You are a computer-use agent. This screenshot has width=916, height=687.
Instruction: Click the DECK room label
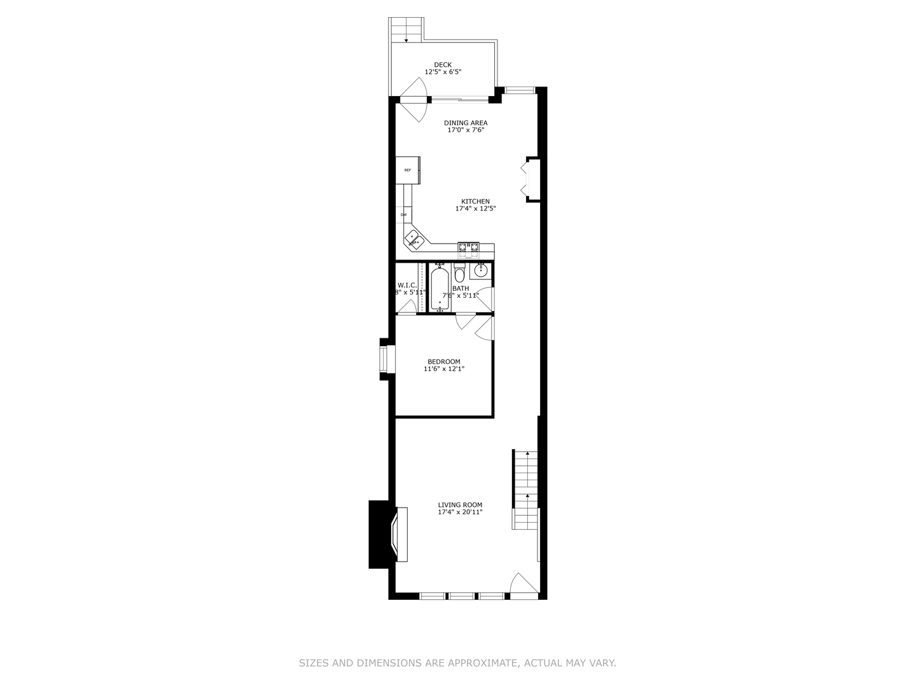coord(443,65)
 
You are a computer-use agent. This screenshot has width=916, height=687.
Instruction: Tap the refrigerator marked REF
coord(407,170)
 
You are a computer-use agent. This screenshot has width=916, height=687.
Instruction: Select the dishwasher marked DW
coord(403,215)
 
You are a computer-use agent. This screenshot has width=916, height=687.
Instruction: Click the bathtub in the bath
coord(440,289)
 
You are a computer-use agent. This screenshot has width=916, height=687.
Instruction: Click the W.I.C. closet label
coord(407,285)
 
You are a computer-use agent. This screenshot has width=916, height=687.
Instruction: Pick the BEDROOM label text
coord(443,362)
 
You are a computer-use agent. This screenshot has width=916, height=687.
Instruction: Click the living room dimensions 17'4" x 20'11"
coord(460,512)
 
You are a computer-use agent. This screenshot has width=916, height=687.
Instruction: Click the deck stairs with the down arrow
coord(406,30)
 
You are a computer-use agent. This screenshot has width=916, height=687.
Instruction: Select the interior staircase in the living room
coord(525,490)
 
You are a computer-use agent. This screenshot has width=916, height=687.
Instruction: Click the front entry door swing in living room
coord(524,585)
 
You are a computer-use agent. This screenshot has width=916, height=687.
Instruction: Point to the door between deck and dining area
coord(413,101)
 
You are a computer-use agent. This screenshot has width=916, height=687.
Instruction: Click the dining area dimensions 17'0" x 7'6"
coord(466,130)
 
